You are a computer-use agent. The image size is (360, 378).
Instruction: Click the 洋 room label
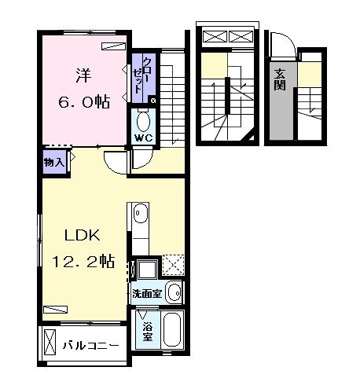83,75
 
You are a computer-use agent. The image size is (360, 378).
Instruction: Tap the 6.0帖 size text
84,102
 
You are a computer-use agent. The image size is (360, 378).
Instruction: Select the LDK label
83,235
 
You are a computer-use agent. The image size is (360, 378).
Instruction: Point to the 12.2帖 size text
83,261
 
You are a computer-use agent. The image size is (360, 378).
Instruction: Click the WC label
143,138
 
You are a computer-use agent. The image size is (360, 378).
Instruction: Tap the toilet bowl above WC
143,121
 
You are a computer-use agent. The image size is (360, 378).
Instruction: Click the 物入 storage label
54,163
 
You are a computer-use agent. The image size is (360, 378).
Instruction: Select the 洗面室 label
147,294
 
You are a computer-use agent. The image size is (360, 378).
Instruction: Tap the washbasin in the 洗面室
174,292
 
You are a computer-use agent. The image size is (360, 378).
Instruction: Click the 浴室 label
148,332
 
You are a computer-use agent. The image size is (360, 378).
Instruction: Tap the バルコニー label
90,345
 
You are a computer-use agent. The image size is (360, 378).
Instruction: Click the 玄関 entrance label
280,79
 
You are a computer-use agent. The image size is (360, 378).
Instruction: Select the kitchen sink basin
141,214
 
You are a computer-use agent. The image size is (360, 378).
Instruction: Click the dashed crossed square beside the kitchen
173,265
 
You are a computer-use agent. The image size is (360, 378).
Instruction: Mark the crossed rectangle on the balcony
50,342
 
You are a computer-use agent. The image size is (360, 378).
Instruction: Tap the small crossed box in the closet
153,100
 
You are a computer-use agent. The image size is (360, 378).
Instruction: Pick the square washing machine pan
147,270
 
